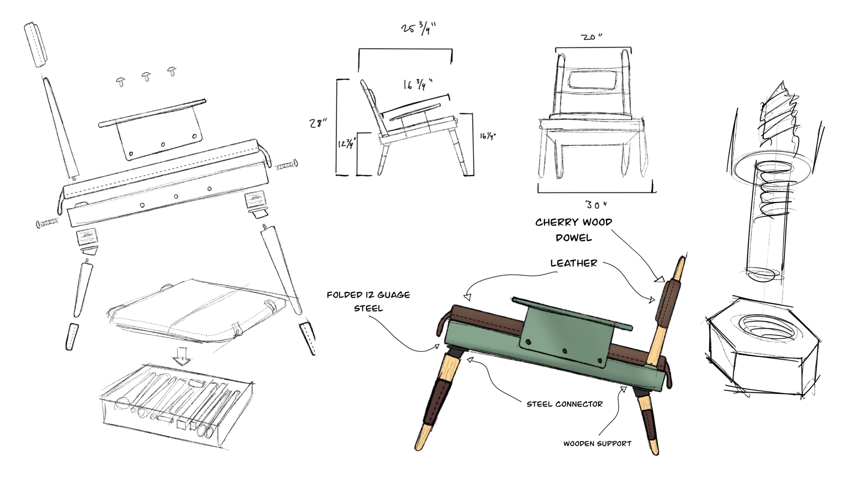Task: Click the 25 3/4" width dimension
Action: point(418,29)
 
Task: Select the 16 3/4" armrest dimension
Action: point(418,84)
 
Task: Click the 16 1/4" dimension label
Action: point(488,136)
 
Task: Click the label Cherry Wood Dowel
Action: point(574,230)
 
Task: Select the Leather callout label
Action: point(574,263)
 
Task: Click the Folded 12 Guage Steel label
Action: point(368,302)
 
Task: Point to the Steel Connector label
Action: point(565,404)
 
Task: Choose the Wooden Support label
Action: point(597,444)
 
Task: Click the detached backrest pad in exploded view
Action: point(36,42)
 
